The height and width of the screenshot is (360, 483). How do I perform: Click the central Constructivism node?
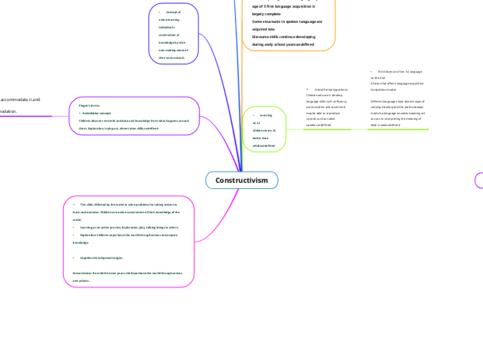coord(241,180)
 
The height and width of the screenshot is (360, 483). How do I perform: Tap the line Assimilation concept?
coord(96,112)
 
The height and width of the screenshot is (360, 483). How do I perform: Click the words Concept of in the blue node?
coord(173,12)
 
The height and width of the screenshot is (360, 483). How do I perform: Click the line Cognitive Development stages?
coord(101,258)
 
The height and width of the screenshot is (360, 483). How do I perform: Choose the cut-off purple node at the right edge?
coord(479,180)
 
